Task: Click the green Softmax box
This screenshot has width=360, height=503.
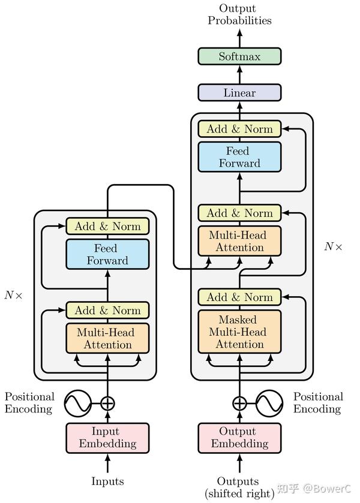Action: click(239, 57)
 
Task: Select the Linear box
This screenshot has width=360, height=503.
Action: click(239, 93)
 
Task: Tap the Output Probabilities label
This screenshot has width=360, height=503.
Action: click(239, 14)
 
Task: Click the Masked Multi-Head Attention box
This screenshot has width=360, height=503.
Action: click(239, 332)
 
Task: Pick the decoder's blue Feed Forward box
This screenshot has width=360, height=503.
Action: click(239, 157)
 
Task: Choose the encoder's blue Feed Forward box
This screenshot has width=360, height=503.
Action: click(107, 254)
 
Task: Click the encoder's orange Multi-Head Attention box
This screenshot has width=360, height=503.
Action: click(107, 338)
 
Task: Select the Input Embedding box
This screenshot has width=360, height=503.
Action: click(107, 438)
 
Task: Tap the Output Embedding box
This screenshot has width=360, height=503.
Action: click(239, 438)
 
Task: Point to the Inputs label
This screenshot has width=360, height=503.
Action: click(107, 481)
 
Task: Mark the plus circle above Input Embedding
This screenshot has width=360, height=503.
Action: click(107, 403)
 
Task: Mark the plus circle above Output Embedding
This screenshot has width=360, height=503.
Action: click(239, 403)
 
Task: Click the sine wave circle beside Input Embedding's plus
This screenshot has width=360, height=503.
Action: click(78, 403)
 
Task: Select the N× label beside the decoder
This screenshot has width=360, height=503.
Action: click(334, 246)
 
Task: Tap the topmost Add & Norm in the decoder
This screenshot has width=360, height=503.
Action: click(239, 129)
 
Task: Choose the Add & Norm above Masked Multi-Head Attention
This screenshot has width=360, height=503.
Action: click(239, 297)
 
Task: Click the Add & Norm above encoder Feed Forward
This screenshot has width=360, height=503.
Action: click(107, 227)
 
